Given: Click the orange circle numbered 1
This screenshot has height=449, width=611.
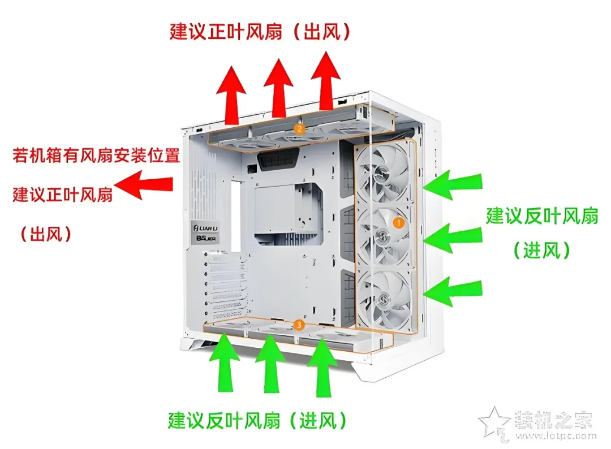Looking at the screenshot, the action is (x=398, y=223).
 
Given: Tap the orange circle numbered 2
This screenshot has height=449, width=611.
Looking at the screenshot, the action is (x=299, y=129).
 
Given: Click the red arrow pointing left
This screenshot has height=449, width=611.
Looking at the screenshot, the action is (x=144, y=184).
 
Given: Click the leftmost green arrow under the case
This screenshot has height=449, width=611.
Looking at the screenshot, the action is (x=225, y=362).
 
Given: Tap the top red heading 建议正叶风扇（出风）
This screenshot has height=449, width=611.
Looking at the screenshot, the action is (x=260, y=32).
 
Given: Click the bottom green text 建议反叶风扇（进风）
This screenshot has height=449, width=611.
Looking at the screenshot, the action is (x=257, y=420).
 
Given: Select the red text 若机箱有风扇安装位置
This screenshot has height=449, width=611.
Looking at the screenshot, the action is (x=96, y=156).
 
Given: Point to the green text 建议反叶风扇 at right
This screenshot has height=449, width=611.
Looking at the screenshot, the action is (x=542, y=216).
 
